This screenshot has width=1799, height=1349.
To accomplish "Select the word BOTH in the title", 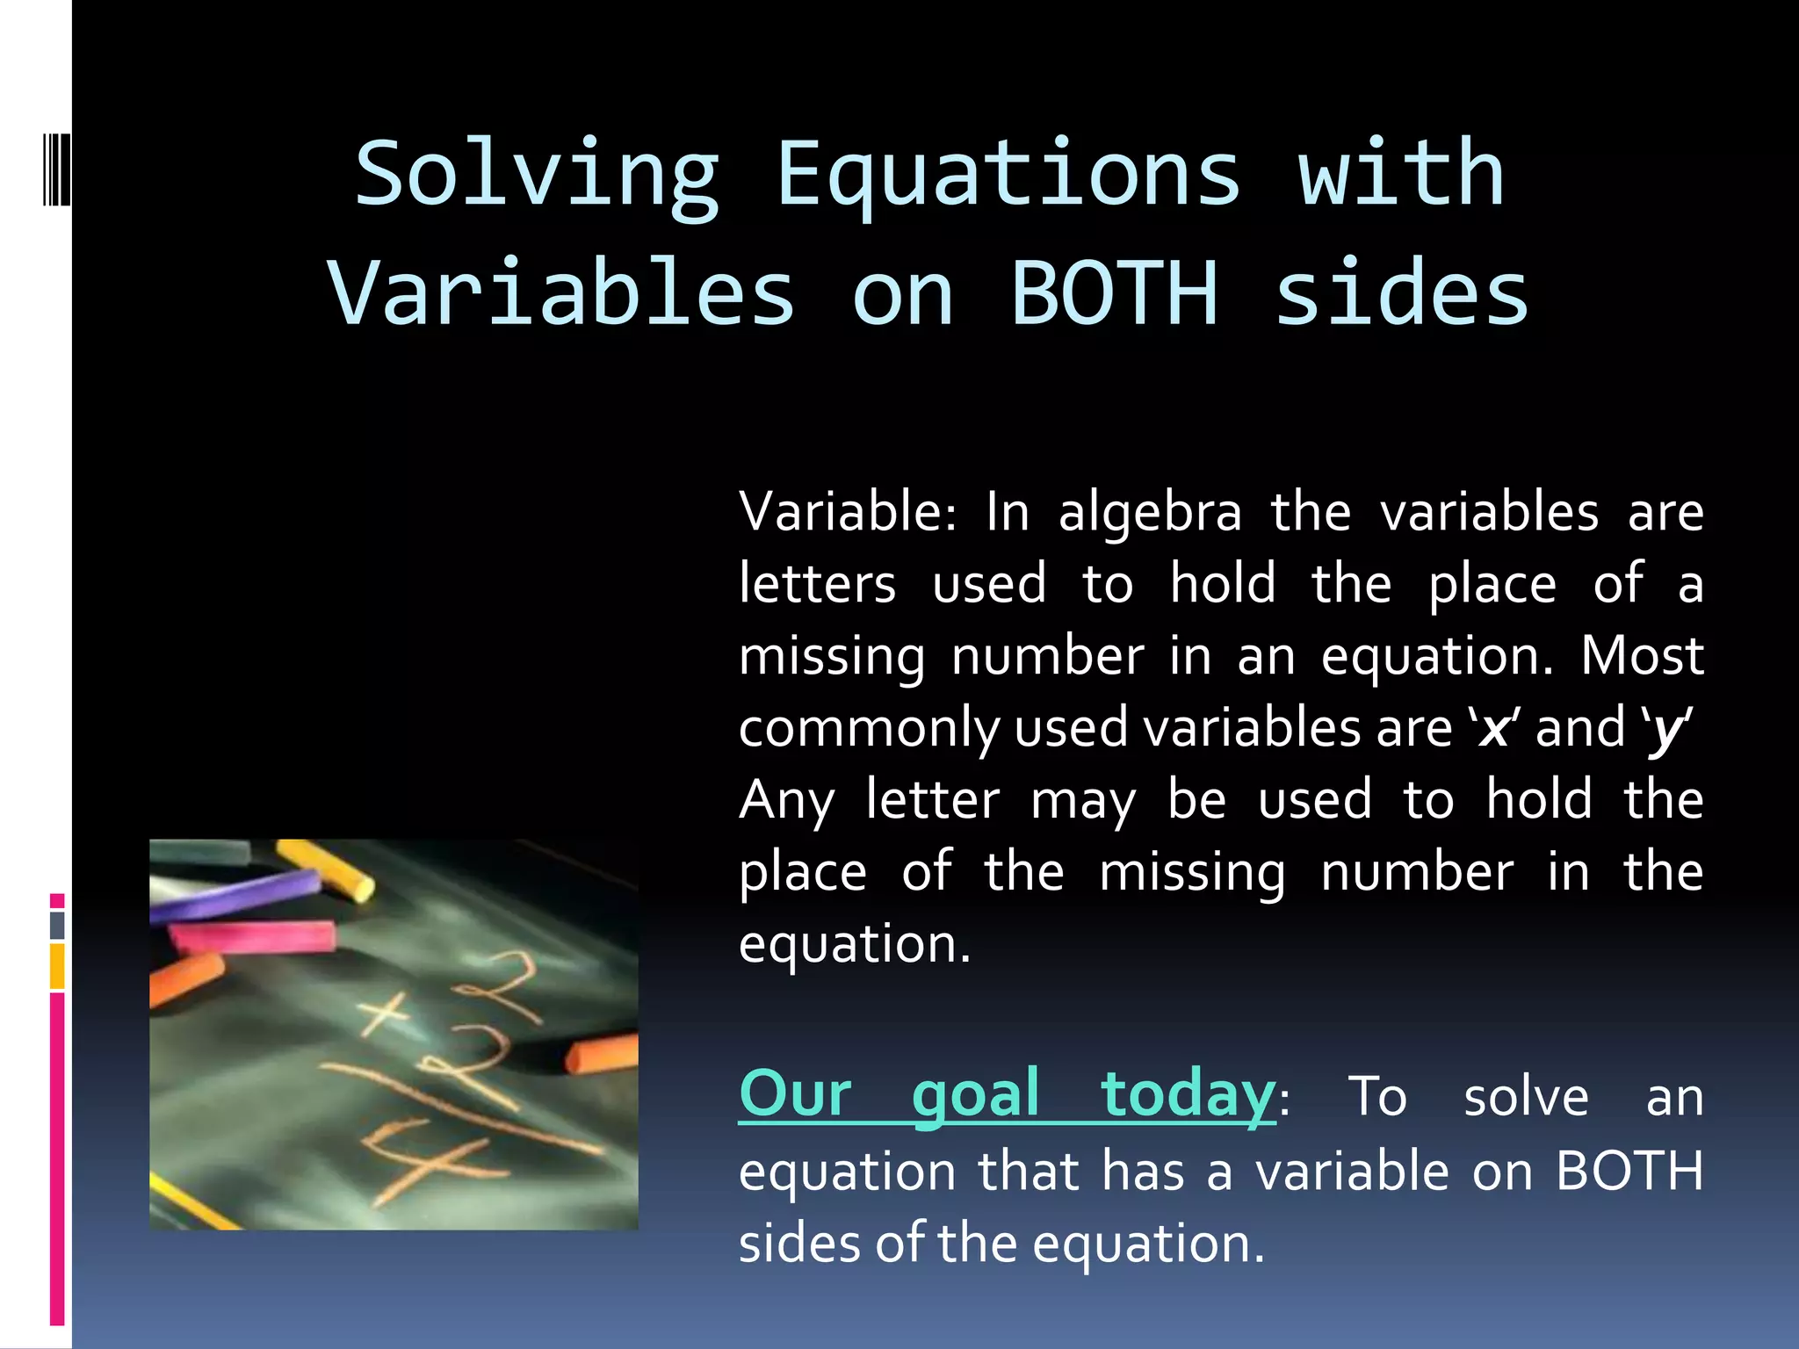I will [1114, 294].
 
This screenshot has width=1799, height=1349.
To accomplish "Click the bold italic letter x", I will [1493, 729].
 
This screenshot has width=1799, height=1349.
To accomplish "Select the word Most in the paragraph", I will [1642, 657].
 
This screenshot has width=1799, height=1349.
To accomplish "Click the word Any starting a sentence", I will [786, 801].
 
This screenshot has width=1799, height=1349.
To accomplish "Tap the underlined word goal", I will [975, 1095].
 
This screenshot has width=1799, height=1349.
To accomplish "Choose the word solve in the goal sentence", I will [1526, 1098].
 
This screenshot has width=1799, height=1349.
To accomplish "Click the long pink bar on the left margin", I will [57, 1158].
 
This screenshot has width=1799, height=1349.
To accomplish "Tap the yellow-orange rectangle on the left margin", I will [57, 966].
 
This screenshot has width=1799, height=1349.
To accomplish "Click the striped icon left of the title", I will [56, 167].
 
